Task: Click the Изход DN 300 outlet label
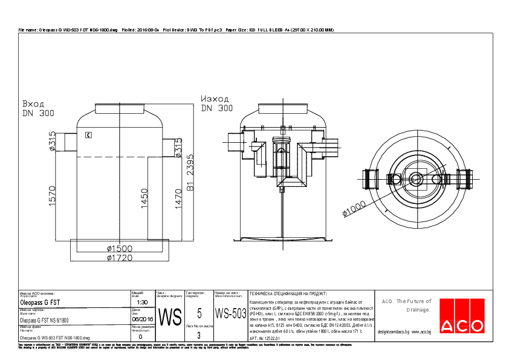coord(216,103)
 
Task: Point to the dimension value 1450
coord(144,197)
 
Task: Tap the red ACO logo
coord(462,317)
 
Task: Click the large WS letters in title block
coord(169,316)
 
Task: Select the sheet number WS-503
coord(231,313)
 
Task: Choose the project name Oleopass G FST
coord(40,301)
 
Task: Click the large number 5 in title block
coord(199,313)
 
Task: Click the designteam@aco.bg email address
coord(394,332)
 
